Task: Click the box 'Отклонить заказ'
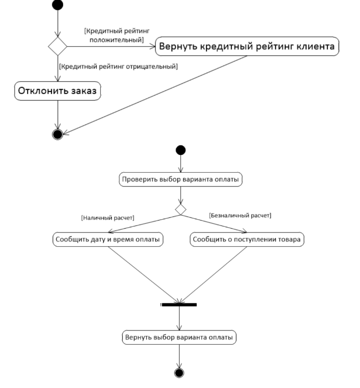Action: (x=58, y=91)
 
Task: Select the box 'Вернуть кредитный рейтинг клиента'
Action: (x=247, y=46)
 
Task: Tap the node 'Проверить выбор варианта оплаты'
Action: (x=181, y=179)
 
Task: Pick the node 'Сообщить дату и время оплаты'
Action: (x=108, y=239)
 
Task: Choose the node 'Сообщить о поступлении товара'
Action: (x=247, y=239)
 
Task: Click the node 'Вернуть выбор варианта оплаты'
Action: (x=179, y=337)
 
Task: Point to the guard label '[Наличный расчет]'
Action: (x=107, y=218)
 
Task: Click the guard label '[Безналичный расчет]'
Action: (x=240, y=215)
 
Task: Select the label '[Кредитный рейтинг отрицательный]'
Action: (x=118, y=66)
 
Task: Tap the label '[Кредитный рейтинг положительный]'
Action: (x=117, y=35)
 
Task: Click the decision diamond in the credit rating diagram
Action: (x=58, y=46)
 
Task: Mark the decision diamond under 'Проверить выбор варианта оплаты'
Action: (x=181, y=210)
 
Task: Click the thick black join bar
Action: (x=179, y=305)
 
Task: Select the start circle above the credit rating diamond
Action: (x=58, y=5)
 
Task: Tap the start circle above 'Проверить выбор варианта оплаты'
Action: (x=181, y=150)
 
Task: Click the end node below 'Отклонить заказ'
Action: (x=58, y=135)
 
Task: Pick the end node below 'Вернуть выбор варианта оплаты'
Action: (x=179, y=373)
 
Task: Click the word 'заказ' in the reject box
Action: (x=84, y=91)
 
